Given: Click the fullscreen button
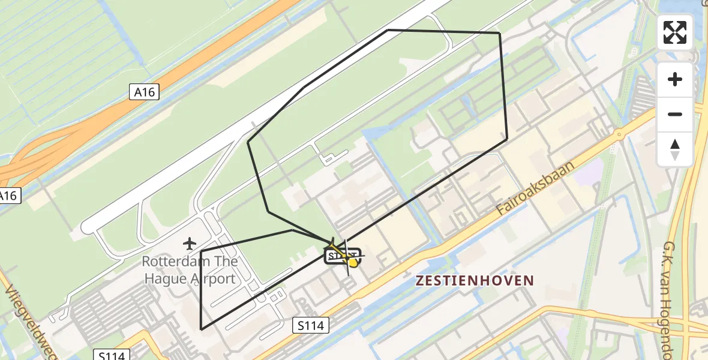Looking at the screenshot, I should [x=675, y=32].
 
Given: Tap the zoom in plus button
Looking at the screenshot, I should [x=675, y=79].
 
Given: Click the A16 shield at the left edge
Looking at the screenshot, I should [x=8, y=195].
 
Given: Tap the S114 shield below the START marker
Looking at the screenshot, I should [x=311, y=326].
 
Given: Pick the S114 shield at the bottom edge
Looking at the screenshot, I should [x=112, y=355].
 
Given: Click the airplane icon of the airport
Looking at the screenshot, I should [x=190, y=244].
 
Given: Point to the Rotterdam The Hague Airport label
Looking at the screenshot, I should [x=190, y=270].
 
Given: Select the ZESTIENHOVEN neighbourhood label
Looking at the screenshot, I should [x=475, y=280].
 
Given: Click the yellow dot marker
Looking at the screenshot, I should [x=353, y=262].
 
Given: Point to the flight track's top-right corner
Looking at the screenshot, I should [x=500, y=33].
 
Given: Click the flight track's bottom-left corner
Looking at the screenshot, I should [x=201, y=329].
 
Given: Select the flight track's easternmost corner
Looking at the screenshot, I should [x=508, y=139].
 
